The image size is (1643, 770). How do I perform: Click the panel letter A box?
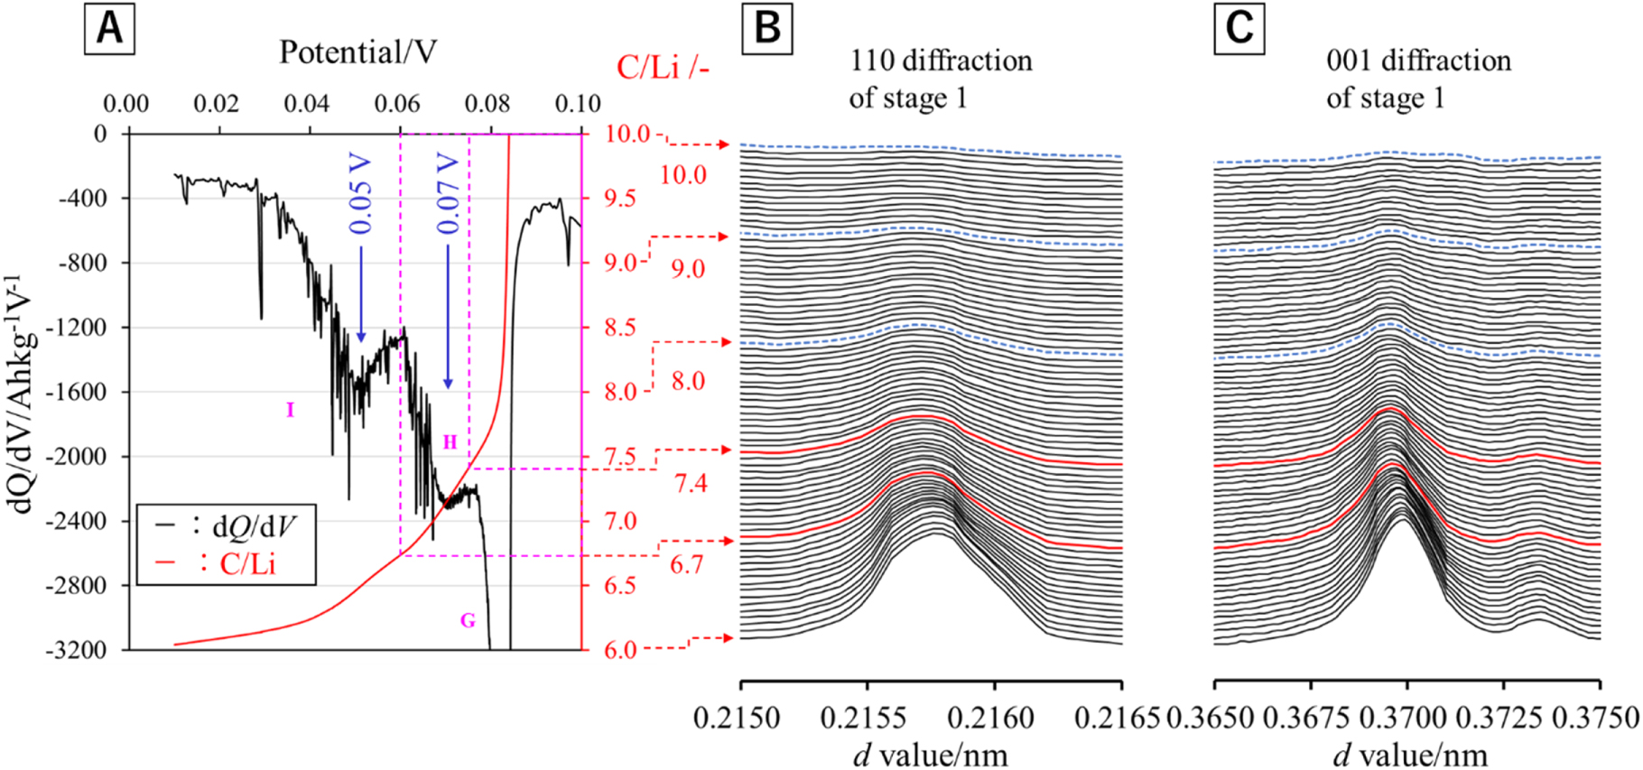click(x=109, y=29)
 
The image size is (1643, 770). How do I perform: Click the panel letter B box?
click(x=766, y=29)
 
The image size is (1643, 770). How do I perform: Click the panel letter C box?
click(x=1239, y=29)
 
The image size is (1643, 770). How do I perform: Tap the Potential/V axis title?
click(x=357, y=52)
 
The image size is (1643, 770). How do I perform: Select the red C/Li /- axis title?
click(x=662, y=67)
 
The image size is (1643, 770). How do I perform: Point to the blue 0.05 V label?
click(x=360, y=194)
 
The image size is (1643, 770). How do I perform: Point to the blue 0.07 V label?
click(x=448, y=194)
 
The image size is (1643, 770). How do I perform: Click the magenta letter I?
click(x=290, y=411)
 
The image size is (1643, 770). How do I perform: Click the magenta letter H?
click(x=450, y=442)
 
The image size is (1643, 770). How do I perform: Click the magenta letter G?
click(x=468, y=620)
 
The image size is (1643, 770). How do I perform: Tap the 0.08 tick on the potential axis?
click(x=487, y=104)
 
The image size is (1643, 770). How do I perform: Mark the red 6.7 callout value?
click(x=686, y=565)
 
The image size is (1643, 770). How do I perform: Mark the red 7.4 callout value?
click(x=690, y=484)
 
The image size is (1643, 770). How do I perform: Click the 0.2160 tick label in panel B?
click(x=994, y=719)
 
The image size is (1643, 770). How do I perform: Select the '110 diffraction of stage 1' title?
click(x=941, y=79)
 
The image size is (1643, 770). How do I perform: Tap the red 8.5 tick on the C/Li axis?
click(x=620, y=328)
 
